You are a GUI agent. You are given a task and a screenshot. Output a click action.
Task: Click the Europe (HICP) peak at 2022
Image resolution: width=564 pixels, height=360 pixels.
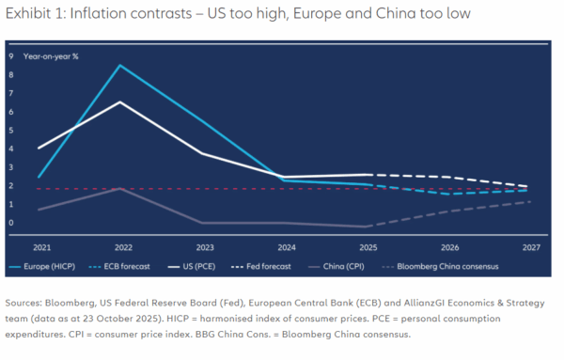[120, 65]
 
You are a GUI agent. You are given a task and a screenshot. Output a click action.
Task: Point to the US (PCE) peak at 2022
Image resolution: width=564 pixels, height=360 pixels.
[120, 102]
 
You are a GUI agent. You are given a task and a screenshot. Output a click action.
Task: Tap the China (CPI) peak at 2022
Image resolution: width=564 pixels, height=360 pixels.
[120, 188]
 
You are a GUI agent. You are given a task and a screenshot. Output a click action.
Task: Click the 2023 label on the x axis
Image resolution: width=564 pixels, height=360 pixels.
[205, 247]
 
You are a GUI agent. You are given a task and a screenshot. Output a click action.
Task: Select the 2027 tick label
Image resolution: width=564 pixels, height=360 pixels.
[531, 247]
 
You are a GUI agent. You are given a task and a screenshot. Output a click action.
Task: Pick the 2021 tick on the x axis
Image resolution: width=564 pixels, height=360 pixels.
[41, 247]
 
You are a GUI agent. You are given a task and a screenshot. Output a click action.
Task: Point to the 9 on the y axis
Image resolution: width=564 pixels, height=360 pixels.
[11, 56]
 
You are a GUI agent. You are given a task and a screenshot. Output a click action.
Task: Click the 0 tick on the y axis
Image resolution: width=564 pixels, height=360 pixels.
[11, 223]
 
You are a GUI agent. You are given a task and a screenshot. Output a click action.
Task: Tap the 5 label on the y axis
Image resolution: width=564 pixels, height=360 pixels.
[11, 131]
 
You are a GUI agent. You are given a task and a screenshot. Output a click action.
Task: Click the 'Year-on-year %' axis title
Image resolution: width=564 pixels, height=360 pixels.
[51, 56]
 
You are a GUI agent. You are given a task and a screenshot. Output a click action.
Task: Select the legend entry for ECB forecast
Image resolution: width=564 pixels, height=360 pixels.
[119, 267]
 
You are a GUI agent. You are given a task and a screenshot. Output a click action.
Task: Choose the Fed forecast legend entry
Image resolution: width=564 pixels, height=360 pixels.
[260, 267]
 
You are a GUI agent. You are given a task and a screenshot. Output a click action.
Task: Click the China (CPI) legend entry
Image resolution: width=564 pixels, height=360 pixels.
[337, 267]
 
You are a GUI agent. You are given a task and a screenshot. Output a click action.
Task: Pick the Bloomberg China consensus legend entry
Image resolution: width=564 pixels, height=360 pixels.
[440, 267]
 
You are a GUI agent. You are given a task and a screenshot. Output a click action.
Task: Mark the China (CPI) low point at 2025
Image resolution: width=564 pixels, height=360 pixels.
[366, 227]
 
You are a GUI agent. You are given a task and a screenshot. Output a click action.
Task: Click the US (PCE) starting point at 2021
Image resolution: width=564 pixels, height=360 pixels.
[39, 149]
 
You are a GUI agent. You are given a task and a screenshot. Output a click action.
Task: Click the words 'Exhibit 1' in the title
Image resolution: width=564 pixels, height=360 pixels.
[28, 14]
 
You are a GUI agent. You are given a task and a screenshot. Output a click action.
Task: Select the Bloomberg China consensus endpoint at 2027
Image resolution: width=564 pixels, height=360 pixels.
[530, 202]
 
